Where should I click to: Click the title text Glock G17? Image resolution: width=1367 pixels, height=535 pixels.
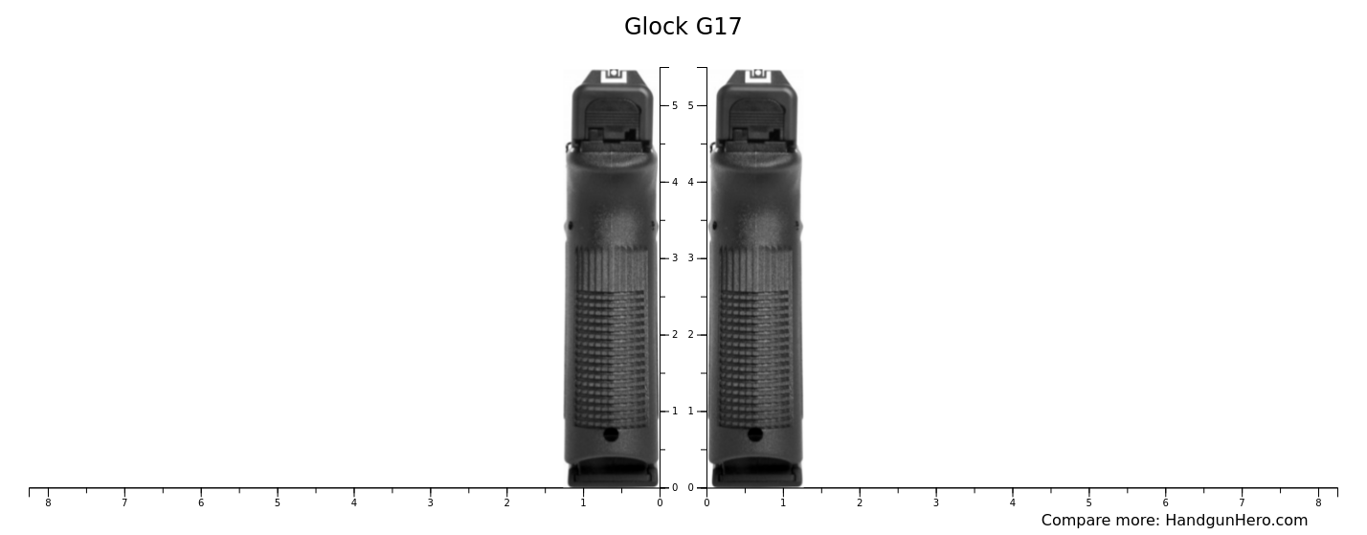683,27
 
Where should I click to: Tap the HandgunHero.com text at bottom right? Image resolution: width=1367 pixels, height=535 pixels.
1236,521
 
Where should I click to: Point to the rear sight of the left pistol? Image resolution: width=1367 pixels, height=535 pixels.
614,75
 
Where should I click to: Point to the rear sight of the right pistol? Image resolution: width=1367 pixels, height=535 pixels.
757,75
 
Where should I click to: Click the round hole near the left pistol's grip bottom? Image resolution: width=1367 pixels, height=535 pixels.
611,435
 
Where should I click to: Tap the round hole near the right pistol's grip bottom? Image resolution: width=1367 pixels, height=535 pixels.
755,435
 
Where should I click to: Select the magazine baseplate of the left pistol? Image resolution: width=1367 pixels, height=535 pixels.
613,474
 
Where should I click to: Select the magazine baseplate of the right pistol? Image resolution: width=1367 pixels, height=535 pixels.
756,474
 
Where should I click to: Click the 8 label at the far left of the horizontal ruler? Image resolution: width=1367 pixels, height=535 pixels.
48,503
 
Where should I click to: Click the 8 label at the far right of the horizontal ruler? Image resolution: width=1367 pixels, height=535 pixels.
1318,503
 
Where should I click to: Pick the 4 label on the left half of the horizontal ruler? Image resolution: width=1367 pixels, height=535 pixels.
353,503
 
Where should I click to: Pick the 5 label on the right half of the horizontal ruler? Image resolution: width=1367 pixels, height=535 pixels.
1088,503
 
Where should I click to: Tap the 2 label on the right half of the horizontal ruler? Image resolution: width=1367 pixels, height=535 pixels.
860,503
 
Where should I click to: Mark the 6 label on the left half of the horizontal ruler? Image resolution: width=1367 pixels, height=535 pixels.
201,503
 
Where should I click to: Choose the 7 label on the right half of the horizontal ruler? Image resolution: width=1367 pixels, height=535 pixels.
1242,503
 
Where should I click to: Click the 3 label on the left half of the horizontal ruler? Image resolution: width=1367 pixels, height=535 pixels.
430,503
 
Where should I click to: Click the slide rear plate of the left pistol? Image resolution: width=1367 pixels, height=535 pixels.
612,120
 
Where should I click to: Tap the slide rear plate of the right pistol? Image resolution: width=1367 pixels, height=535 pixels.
756,120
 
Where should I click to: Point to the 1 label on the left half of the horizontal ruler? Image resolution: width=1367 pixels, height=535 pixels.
583,503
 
